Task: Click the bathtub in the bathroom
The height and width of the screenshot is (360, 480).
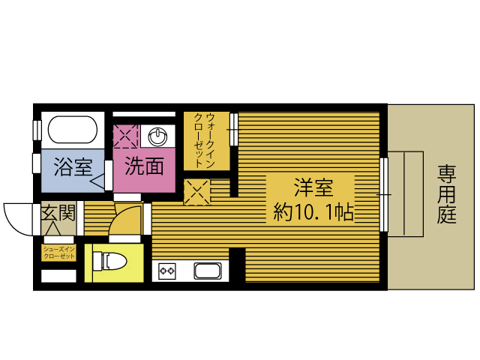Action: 73,130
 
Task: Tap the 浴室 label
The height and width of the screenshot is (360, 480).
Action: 73,166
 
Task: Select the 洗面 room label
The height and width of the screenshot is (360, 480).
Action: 144,166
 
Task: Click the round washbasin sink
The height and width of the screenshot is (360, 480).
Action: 157,136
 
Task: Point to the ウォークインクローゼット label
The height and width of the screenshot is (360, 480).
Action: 205,140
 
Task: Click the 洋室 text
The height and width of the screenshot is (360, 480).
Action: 313,187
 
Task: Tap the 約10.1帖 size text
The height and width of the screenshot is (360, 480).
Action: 313,211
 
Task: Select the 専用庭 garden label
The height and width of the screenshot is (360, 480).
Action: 446,194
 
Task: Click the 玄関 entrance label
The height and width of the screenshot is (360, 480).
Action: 58,212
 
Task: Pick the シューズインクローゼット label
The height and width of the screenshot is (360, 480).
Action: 58,253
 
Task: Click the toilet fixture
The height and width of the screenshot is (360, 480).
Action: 109,261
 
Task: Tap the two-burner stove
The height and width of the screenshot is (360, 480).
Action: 167,271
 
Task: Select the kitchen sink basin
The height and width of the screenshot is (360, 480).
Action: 208,271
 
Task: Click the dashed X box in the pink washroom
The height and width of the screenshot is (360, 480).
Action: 125,136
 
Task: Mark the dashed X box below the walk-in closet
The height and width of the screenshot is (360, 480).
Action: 197,192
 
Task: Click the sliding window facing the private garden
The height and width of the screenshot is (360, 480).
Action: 383,194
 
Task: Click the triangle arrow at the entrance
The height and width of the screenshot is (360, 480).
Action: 55,228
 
